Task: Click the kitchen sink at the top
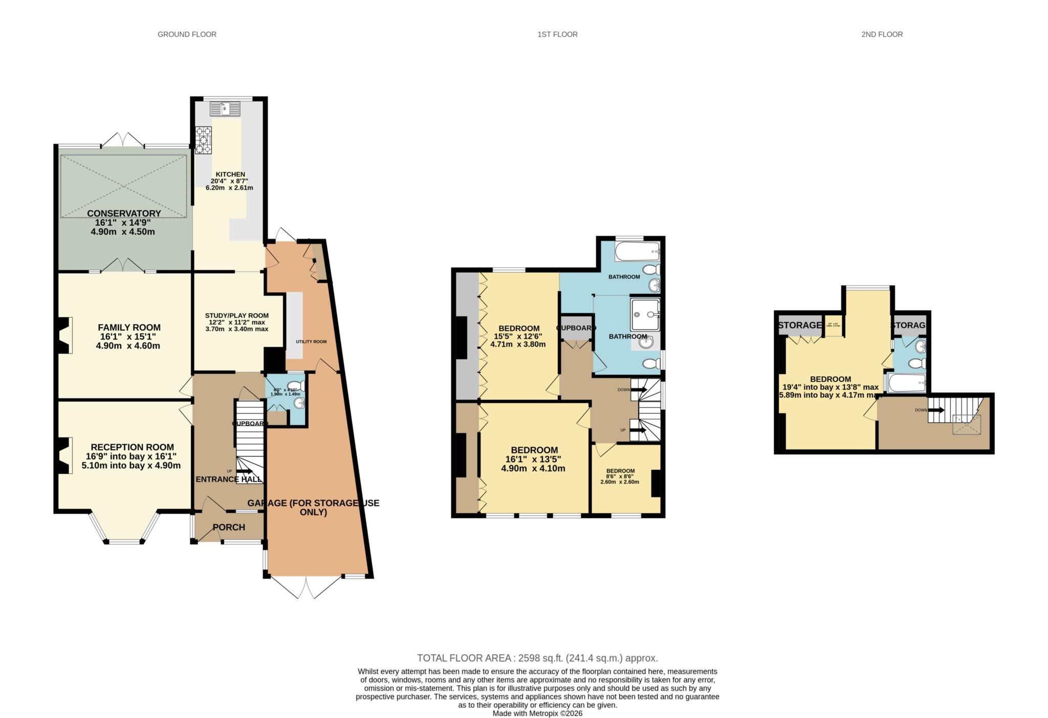225,108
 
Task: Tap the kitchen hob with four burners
203,139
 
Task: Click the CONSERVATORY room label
124,213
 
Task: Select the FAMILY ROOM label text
129,328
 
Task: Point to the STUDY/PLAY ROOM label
236,315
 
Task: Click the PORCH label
229,527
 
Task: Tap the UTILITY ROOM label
311,341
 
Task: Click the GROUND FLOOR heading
187,34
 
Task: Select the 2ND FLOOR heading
882,34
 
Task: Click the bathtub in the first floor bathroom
637,251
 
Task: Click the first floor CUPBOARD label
576,328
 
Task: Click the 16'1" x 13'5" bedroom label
534,459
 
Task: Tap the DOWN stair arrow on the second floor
936,410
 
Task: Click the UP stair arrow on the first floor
638,430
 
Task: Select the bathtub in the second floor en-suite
907,382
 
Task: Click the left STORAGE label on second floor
799,325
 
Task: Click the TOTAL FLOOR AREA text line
537,658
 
